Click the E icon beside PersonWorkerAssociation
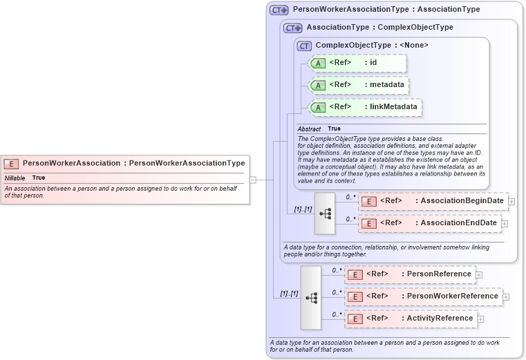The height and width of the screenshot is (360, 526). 11,164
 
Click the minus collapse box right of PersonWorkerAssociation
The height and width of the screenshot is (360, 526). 253,180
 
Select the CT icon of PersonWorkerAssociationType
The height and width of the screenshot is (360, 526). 279,10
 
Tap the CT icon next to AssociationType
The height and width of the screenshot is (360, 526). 293,28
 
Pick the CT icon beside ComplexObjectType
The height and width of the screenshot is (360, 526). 304,46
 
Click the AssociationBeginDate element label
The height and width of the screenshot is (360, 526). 462,201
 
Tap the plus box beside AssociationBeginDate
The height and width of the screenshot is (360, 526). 512,201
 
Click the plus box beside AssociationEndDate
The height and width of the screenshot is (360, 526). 505,223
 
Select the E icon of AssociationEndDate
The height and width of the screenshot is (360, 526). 370,223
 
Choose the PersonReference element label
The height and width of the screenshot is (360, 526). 438,274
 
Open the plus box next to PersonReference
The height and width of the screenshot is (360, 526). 479,274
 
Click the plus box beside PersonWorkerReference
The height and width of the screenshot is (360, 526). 506,296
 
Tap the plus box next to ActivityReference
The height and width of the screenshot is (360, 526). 481,319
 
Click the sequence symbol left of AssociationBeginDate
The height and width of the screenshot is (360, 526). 325,214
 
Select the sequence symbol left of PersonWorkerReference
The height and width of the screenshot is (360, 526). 311,297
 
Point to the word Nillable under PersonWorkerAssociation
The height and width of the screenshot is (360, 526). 15,178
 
